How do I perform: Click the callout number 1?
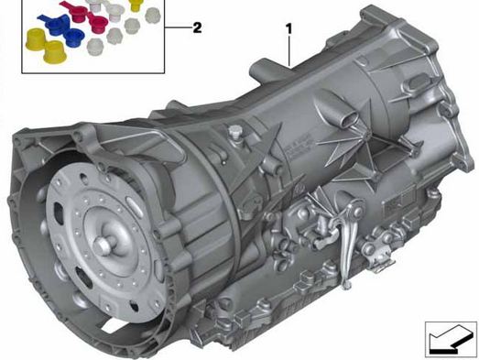click(x=288, y=29)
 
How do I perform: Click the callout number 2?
click(x=197, y=27)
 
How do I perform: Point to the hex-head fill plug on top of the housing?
click(x=234, y=132)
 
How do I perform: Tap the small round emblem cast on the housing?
click(x=299, y=191)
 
